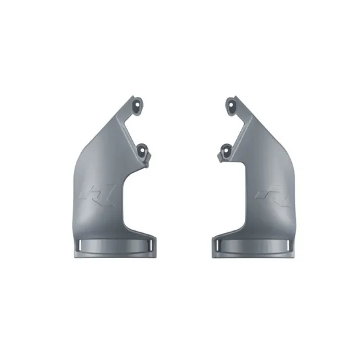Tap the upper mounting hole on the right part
[230, 102]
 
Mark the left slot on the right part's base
[219, 244]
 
